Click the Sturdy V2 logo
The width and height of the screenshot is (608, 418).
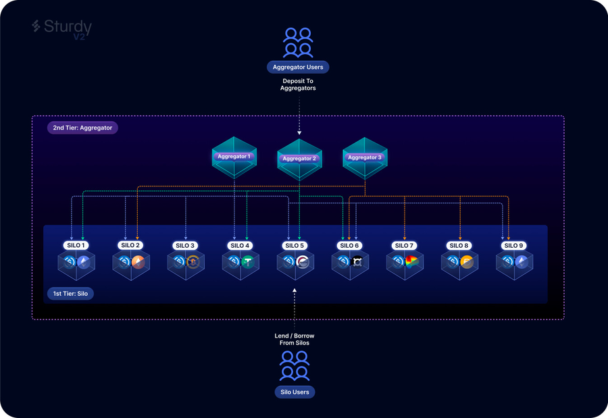click(61, 29)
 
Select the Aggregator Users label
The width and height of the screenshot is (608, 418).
click(298, 67)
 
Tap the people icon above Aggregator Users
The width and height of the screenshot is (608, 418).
click(298, 43)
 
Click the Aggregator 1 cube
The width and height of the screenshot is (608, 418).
click(234, 157)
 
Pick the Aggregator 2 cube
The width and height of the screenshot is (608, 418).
click(299, 159)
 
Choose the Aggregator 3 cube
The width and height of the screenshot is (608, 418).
click(365, 157)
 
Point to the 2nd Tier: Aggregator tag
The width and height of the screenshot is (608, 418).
click(82, 127)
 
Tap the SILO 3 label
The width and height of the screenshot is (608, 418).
click(185, 246)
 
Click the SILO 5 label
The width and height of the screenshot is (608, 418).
click(295, 246)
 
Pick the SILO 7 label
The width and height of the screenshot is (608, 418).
click(404, 246)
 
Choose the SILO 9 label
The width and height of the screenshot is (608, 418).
click(513, 246)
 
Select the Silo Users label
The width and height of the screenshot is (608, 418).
click(295, 392)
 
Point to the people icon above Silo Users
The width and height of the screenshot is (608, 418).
click(295, 366)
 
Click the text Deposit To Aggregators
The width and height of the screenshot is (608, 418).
click(299, 84)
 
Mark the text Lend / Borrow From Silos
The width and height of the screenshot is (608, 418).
click(295, 339)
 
